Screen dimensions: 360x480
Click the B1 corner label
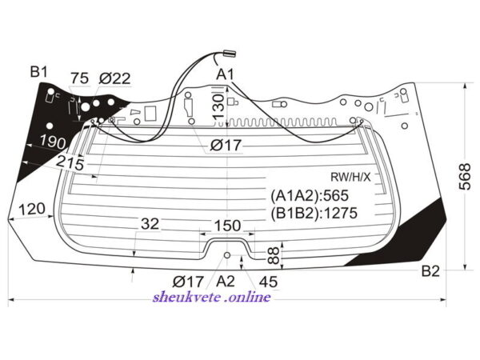(39, 73)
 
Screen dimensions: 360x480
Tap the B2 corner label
(431, 271)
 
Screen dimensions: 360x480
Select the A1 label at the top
(226, 74)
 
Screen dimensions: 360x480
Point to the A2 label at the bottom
(226, 281)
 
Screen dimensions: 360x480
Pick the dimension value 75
(80, 78)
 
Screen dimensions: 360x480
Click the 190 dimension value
(54, 142)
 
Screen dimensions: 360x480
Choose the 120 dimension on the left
(31, 210)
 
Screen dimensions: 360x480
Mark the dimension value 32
(150, 224)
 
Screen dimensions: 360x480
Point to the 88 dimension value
(273, 255)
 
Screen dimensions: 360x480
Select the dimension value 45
(268, 282)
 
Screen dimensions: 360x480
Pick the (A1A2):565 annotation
(311, 196)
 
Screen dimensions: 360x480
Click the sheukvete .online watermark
(211, 298)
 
